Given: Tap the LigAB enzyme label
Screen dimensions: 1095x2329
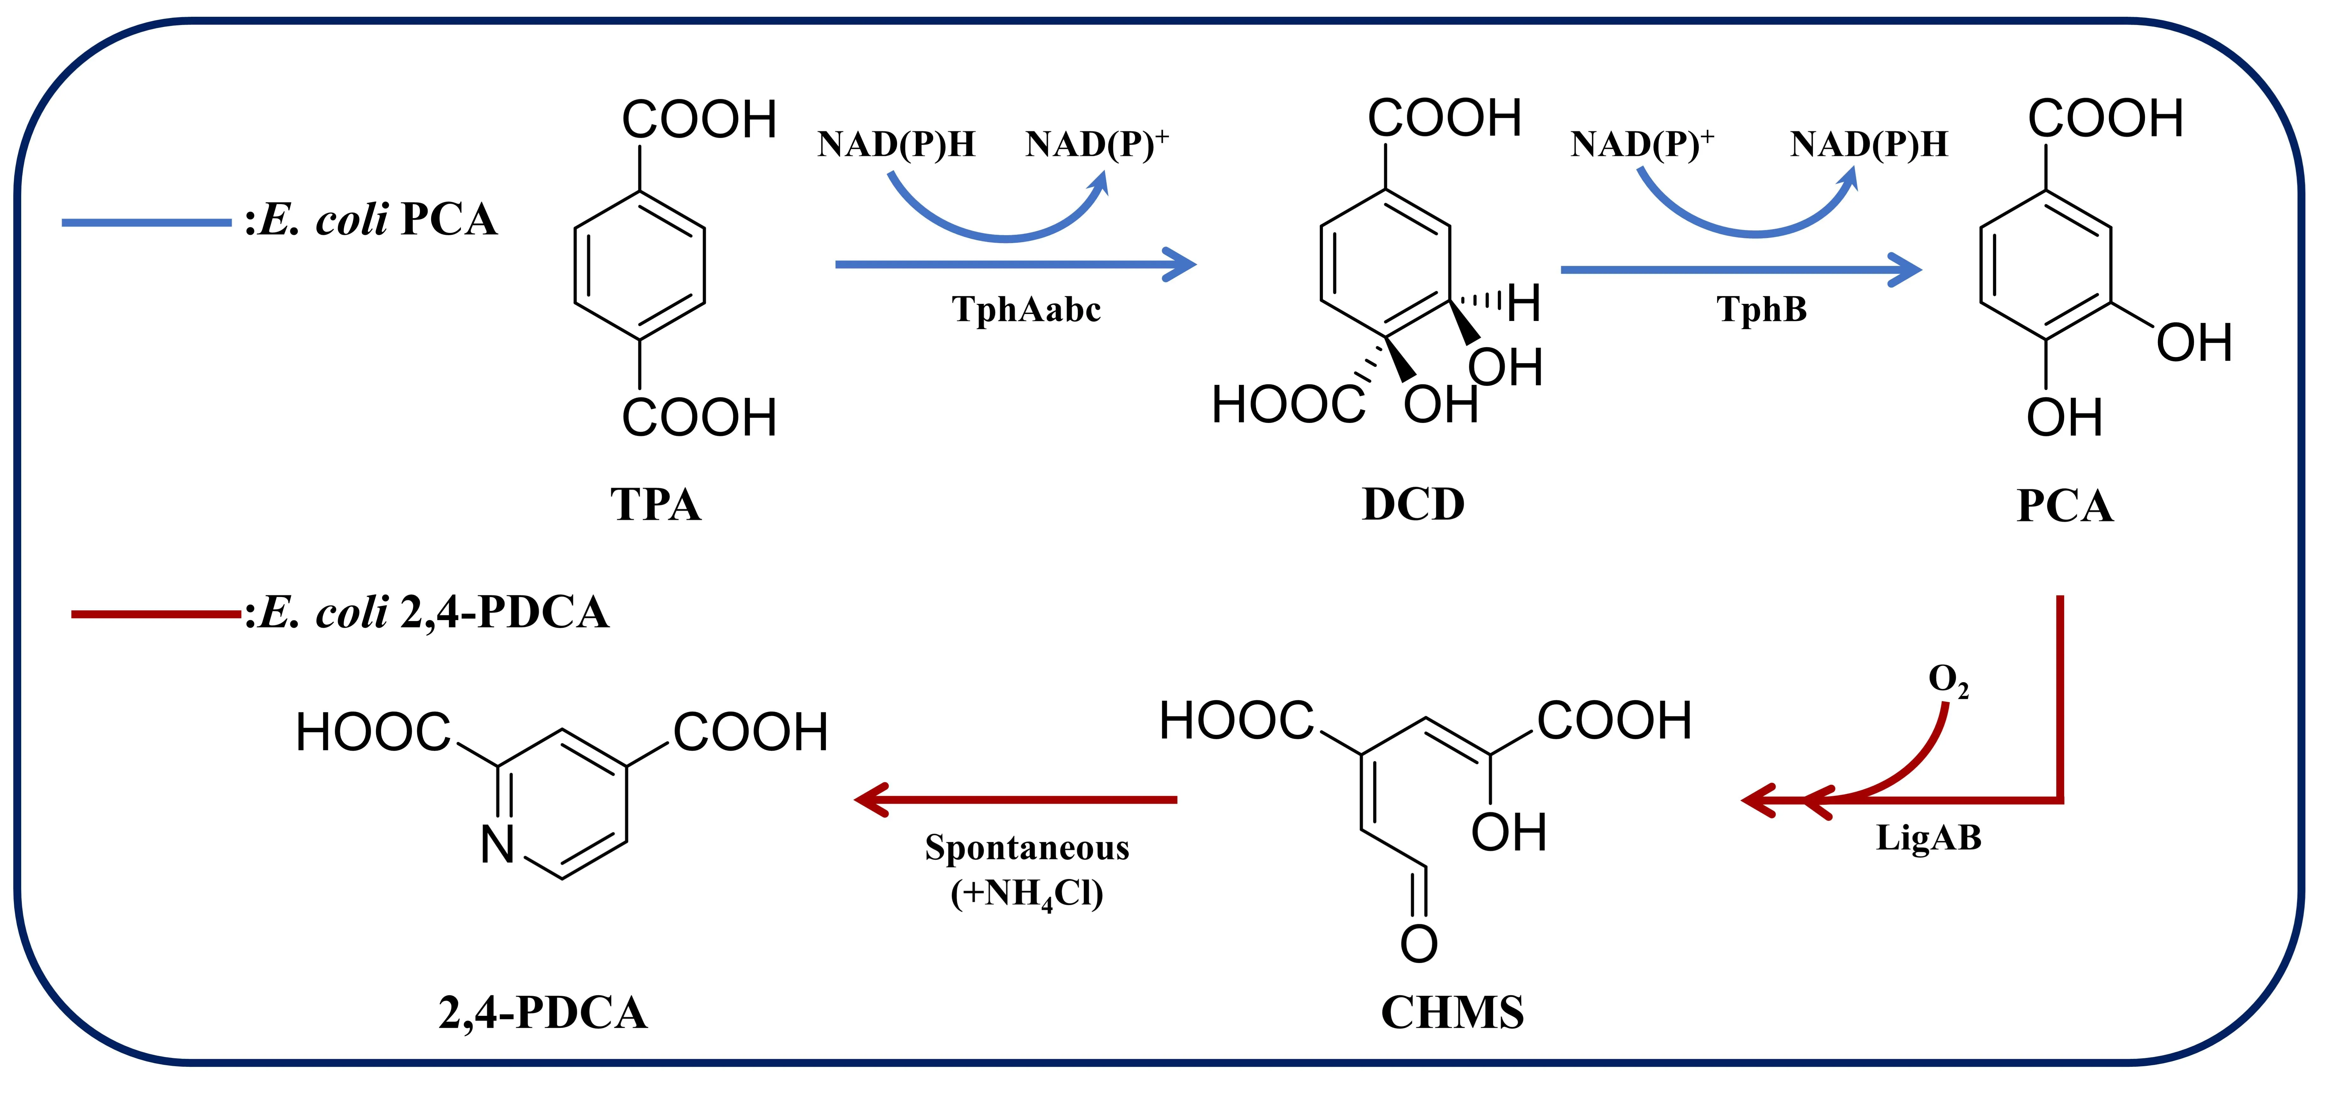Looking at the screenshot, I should pyautogui.click(x=1929, y=837).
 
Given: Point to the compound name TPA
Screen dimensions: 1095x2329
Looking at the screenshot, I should pyautogui.click(x=655, y=504).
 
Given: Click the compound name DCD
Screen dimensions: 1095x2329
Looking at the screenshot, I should pyautogui.click(x=1413, y=504).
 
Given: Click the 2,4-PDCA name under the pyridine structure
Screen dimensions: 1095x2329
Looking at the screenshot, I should pyautogui.click(x=542, y=1013).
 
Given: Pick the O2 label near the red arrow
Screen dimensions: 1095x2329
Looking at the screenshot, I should pyautogui.click(x=1948, y=680).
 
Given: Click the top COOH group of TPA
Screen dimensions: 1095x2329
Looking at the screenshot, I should pyautogui.click(x=699, y=120).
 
